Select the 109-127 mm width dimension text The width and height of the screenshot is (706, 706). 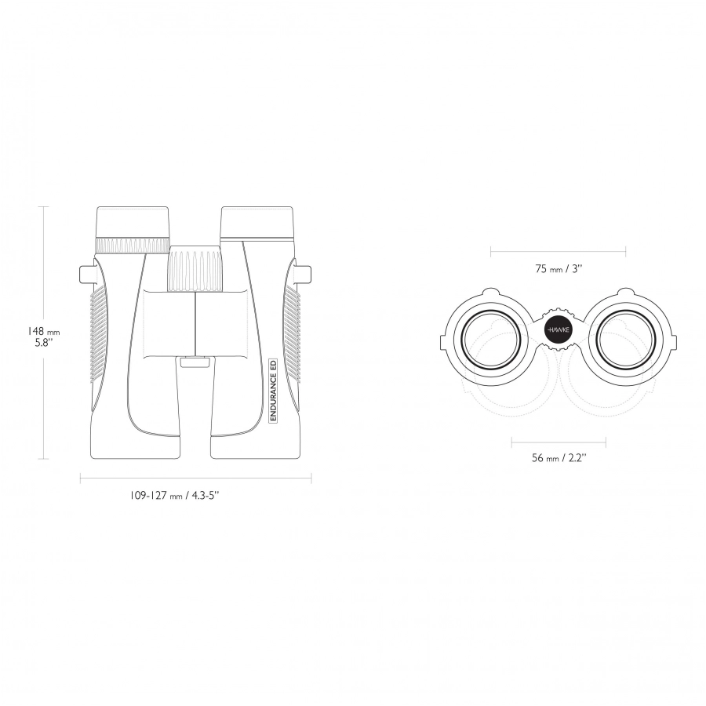coord(175,496)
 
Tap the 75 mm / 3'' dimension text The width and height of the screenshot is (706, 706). coord(559,269)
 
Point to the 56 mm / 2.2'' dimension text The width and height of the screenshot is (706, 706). coord(559,458)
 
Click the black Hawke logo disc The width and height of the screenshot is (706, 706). coord(559,330)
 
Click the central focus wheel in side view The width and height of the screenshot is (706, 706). coord(195,268)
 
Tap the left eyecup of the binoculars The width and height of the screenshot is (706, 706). coord(133,221)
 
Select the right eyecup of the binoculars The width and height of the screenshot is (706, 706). coord(257,222)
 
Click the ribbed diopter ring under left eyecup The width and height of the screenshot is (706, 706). coord(133,246)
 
